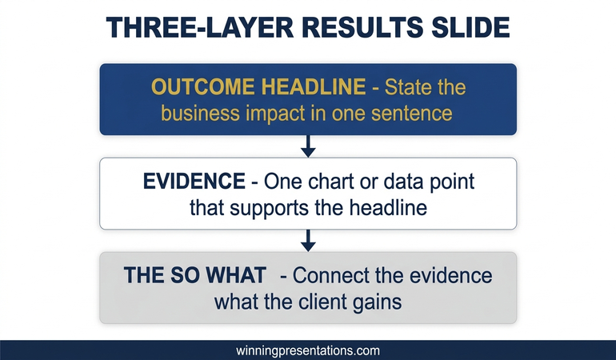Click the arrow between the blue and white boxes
(308, 146)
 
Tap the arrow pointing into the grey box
(308, 241)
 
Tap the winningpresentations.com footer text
(308, 350)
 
